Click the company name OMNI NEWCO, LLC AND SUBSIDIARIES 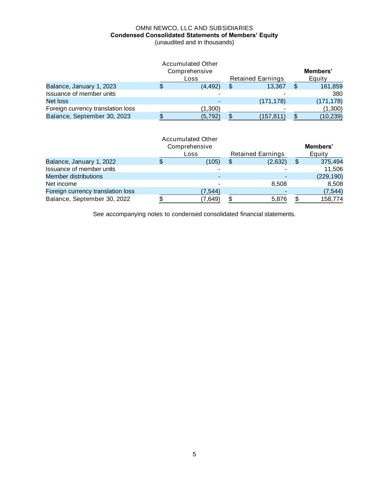194,28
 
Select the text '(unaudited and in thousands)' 194,42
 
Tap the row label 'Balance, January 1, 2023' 81,86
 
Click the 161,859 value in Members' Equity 332,86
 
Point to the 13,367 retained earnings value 276,86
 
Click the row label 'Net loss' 57,101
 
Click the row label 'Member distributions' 74,176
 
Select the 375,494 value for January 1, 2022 332,162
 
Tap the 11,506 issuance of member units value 333,169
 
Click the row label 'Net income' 61,184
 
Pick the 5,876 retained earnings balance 279,199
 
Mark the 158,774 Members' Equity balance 332,199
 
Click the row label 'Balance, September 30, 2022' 88,199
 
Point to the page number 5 194,454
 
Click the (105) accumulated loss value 213,162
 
